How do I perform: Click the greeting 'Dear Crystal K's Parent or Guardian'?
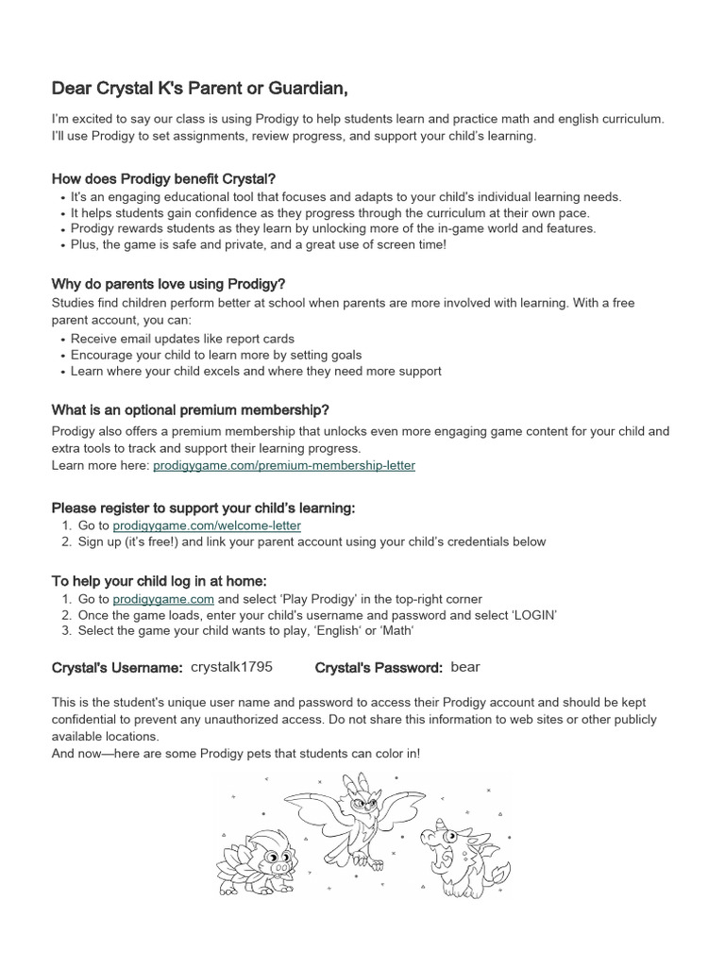199,89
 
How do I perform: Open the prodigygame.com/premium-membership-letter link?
283,465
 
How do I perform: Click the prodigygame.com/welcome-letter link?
207,525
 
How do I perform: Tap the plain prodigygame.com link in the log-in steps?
163,599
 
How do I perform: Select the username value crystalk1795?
231,667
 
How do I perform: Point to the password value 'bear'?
465,667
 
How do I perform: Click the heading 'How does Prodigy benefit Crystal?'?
162,179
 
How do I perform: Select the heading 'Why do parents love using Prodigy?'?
167,284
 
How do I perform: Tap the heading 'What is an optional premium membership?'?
190,409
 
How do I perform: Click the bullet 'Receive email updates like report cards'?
182,338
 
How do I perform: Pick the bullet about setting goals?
216,355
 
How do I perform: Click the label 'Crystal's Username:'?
117,668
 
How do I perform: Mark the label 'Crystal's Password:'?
379,668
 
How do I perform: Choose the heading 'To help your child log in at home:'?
159,580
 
